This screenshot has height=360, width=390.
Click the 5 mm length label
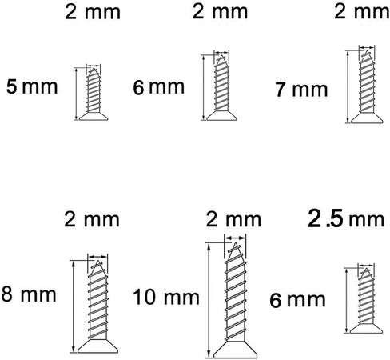click(x=32, y=86)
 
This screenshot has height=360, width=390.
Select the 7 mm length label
click(x=301, y=90)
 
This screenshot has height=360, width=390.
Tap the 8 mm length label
click(x=29, y=294)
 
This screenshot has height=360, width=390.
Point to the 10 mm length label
click(x=166, y=297)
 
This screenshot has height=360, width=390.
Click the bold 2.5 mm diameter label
click(x=346, y=219)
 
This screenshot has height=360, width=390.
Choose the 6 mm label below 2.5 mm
click(x=297, y=300)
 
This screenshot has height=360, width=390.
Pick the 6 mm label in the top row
click(x=159, y=87)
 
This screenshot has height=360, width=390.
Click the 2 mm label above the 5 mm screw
click(x=93, y=12)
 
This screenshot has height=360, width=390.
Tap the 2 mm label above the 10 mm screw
click(x=233, y=220)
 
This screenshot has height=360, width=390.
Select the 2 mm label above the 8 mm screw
click(x=92, y=220)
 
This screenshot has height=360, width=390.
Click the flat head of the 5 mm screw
click(x=94, y=116)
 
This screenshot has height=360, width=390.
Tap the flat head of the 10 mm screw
click(x=235, y=350)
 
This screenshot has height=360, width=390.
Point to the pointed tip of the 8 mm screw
click(x=98, y=262)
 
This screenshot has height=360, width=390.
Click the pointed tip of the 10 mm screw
click(x=236, y=243)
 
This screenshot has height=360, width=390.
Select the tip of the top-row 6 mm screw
click(x=221, y=56)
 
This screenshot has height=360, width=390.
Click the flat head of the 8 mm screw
click(x=97, y=346)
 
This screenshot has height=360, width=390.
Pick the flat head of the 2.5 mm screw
click(x=366, y=328)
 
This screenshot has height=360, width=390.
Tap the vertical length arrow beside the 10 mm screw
click(x=209, y=300)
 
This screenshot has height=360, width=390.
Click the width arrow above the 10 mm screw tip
click(x=235, y=238)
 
